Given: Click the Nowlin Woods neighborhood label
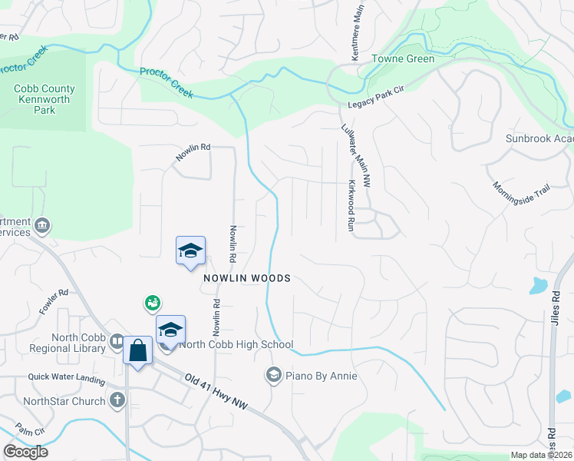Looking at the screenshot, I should click(x=247, y=278).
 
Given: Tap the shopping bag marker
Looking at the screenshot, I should click(x=137, y=351).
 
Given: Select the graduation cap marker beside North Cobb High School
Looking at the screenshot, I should click(x=170, y=330).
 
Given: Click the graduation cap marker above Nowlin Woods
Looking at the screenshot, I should click(x=190, y=250).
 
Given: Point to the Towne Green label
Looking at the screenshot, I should click(x=403, y=58).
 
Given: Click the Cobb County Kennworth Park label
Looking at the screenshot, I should click(x=41, y=99).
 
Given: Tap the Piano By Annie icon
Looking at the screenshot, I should click(x=273, y=375).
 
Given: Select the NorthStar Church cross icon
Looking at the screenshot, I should click(x=117, y=400).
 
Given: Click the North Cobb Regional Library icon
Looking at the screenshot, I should click(x=117, y=340).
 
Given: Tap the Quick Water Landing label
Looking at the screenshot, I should click(x=66, y=377).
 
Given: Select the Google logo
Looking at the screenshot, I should click(x=26, y=452).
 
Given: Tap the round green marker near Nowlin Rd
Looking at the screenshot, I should click(x=152, y=303).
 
